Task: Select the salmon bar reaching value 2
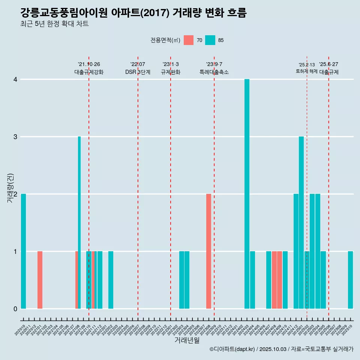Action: pyautogui.click(x=208, y=251)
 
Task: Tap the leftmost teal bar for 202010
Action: pyautogui.click(x=24, y=251)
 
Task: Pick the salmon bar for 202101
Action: pyautogui.click(x=40, y=280)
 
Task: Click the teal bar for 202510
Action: pyautogui.click(x=350, y=280)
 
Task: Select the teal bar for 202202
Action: pyautogui.click(x=111, y=280)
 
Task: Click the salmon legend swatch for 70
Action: pyautogui.click(x=189, y=40)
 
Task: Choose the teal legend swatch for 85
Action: pyautogui.click(x=210, y=40)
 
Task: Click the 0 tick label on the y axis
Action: pyautogui.click(x=15, y=309)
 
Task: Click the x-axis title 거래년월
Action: pyautogui.click(x=187, y=340)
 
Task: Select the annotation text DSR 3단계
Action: pyautogui.click(x=138, y=72)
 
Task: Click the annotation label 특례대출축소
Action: pyautogui.click(x=214, y=72)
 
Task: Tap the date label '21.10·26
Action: pyautogui.click(x=89, y=64)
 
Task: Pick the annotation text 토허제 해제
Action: pyautogui.click(x=307, y=71)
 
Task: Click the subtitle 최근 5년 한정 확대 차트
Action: pyautogui.click(x=55, y=24)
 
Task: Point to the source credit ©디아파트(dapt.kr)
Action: pyautogui.click(x=232, y=349)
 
